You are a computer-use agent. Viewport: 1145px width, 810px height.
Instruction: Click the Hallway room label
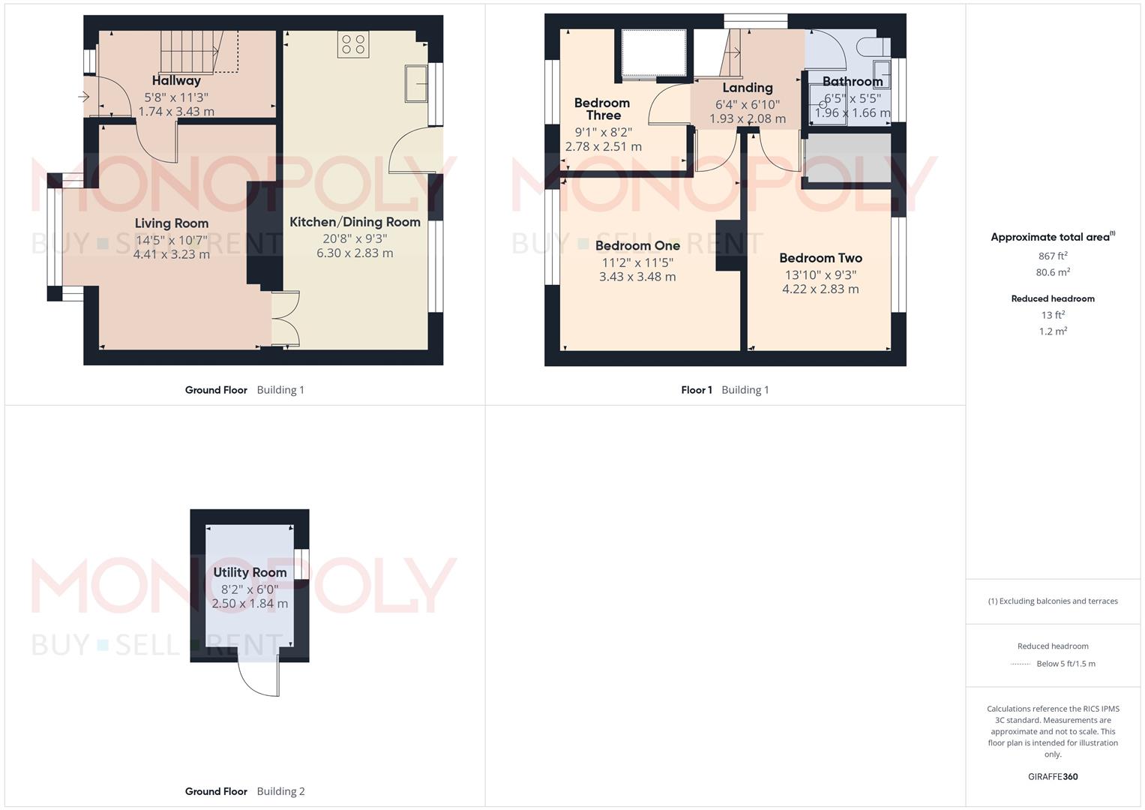point(176,80)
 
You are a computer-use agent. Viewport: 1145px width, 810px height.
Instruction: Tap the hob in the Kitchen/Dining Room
point(353,45)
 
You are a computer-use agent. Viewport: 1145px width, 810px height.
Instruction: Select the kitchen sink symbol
point(416,82)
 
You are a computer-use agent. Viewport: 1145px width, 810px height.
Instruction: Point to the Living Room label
point(172,223)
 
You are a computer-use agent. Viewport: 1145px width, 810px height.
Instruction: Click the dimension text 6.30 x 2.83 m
point(355,253)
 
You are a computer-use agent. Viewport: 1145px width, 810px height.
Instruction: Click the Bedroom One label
point(637,245)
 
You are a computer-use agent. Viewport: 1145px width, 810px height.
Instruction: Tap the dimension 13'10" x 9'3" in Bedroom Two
point(820,274)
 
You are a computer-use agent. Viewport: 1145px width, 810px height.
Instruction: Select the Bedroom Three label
point(602,109)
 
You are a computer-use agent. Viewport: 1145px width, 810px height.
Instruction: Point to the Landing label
point(748,88)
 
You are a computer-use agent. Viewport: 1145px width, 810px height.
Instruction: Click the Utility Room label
point(250,572)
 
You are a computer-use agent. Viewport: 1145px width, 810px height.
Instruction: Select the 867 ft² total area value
point(1053,256)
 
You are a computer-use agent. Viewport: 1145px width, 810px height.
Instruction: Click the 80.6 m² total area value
point(1053,272)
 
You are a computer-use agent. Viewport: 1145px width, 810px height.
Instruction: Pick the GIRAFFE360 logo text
point(1053,776)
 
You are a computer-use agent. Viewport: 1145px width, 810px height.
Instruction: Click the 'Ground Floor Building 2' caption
point(244,791)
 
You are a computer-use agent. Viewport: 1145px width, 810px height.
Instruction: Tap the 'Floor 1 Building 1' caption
point(724,390)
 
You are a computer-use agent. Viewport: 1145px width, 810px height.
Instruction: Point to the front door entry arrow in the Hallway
point(83,97)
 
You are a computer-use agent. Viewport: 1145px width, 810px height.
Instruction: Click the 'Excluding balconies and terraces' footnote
point(1053,601)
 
